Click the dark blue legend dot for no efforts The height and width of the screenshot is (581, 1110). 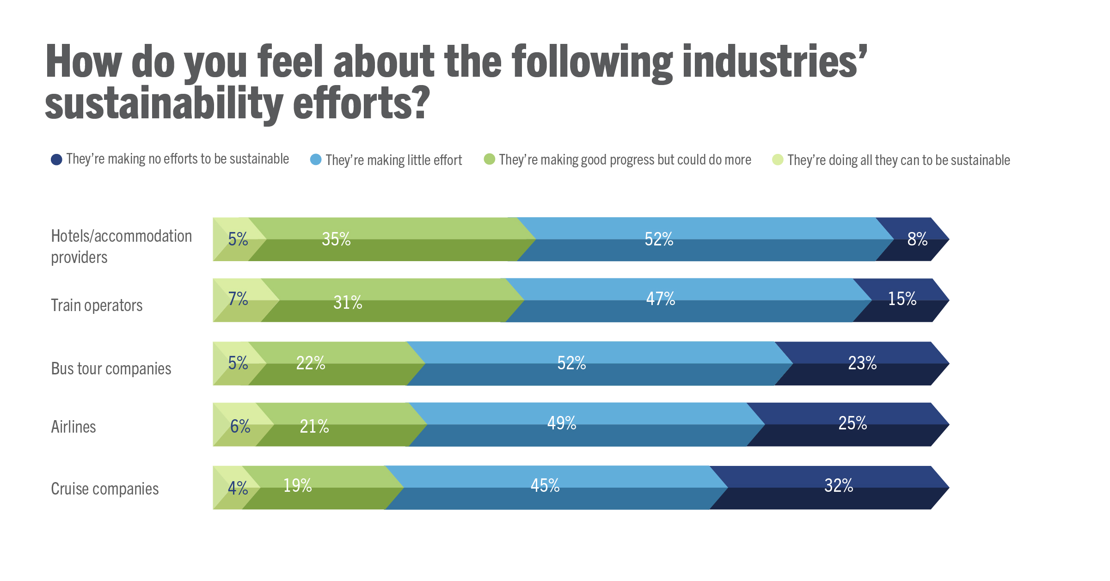click(x=56, y=159)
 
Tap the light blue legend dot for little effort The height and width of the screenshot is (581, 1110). click(x=316, y=159)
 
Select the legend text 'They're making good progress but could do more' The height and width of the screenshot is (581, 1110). click(x=625, y=160)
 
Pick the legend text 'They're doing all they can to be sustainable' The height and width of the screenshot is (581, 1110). click(x=898, y=160)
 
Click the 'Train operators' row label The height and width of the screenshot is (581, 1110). click(x=97, y=306)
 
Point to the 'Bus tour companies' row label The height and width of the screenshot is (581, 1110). click(x=111, y=369)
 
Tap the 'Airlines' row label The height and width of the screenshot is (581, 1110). click(x=74, y=427)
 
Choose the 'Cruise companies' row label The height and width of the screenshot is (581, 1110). click(x=104, y=489)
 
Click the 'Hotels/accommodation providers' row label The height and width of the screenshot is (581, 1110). click(x=121, y=246)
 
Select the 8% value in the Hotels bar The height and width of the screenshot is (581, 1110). click(x=917, y=239)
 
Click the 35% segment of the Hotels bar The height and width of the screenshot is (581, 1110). click(x=336, y=239)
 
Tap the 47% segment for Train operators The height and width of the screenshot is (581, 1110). click(x=660, y=299)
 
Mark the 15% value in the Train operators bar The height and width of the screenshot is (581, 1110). click(x=901, y=299)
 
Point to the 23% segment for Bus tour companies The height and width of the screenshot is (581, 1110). click(x=862, y=363)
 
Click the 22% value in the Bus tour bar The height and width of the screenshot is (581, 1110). click(x=310, y=363)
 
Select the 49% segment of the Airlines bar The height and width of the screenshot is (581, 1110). click(x=561, y=423)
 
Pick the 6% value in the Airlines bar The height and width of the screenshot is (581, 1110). click(x=240, y=426)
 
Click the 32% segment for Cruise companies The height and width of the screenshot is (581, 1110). click(x=838, y=486)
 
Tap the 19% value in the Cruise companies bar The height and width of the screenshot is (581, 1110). click(x=297, y=486)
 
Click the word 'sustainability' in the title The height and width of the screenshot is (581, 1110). click(x=164, y=104)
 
